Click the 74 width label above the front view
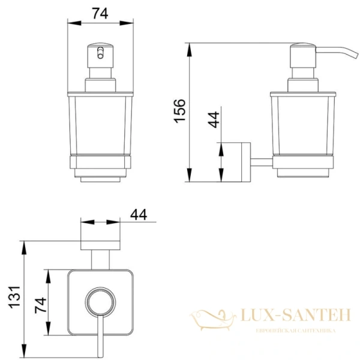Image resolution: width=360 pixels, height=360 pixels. click(x=99, y=14)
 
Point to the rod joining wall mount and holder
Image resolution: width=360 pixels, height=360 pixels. click(x=261, y=161)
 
